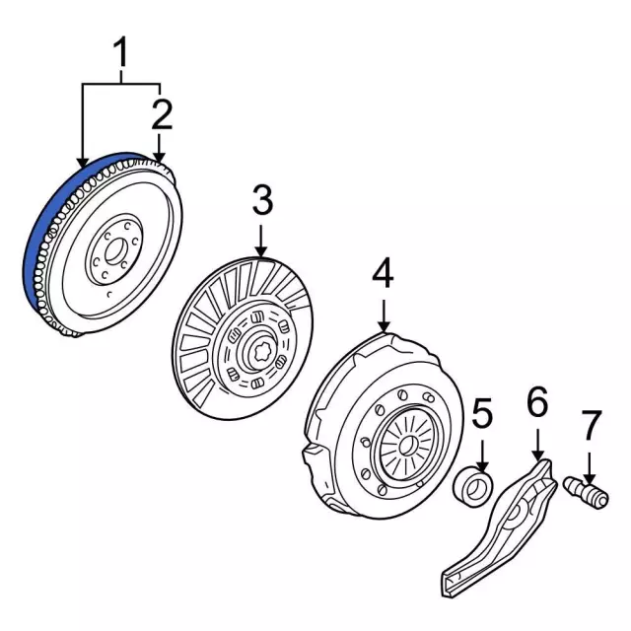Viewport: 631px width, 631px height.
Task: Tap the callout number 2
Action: (162, 113)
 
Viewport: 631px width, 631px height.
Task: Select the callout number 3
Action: (261, 202)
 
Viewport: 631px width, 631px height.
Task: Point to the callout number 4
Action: (383, 273)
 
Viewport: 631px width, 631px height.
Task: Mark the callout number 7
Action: (589, 426)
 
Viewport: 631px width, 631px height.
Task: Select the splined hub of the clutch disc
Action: (259, 349)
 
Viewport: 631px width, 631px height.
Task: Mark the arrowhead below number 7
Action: (589, 470)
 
